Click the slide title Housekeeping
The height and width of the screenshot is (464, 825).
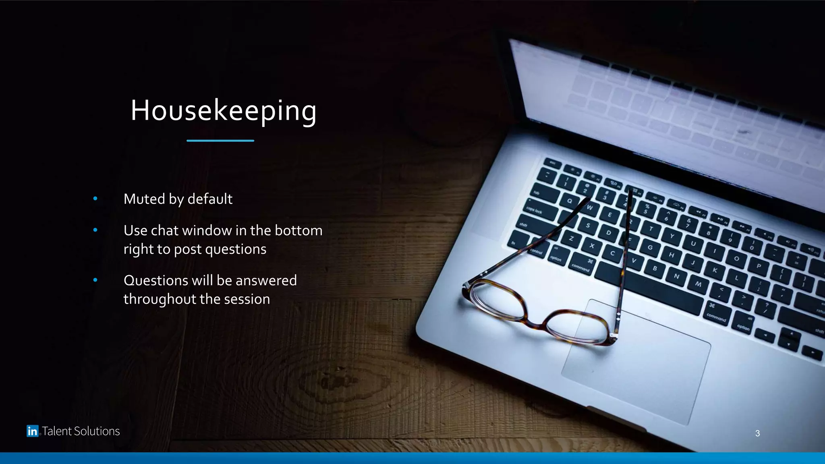point(224,110)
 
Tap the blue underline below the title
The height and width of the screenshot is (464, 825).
point(220,141)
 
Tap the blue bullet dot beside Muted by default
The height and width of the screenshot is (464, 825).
point(95,199)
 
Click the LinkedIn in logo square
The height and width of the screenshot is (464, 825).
point(32,431)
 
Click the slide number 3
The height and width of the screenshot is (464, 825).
point(757,433)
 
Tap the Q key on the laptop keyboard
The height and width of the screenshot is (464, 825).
point(570,201)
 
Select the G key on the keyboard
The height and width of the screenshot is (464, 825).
point(650,247)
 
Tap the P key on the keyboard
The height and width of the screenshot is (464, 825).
point(759,266)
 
